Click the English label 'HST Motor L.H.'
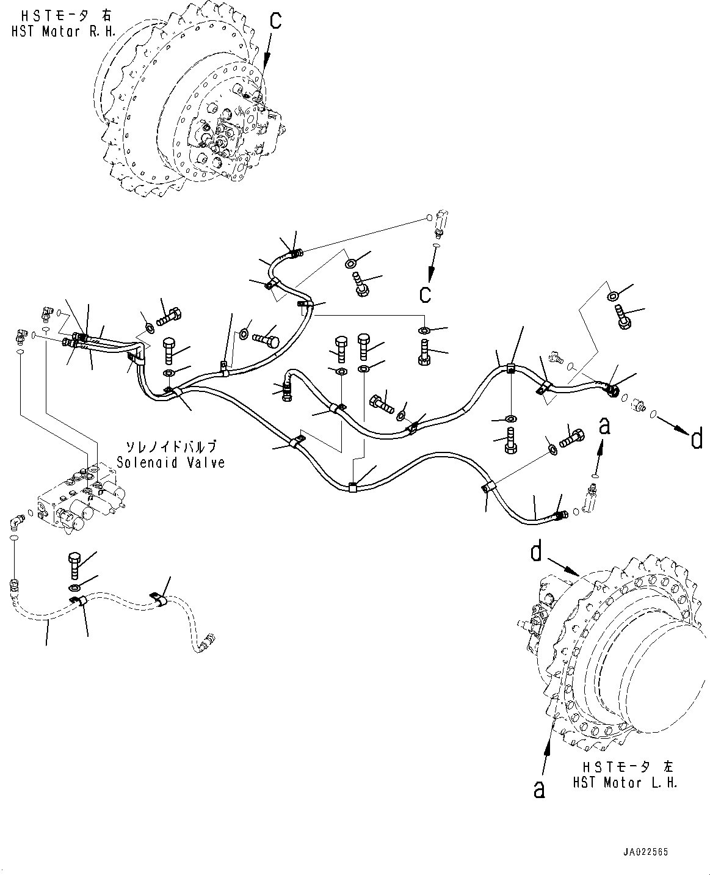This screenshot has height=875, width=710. coord(625,783)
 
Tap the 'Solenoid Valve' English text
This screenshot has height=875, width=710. coord(171,463)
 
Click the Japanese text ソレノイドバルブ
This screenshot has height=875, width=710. coord(171,446)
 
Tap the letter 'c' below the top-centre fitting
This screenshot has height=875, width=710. coord(425,294)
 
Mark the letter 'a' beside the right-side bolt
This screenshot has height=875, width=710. coord(604,426)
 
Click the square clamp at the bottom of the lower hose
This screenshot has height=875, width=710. coord(352,487)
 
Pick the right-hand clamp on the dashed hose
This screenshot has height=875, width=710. coord(159,601)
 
